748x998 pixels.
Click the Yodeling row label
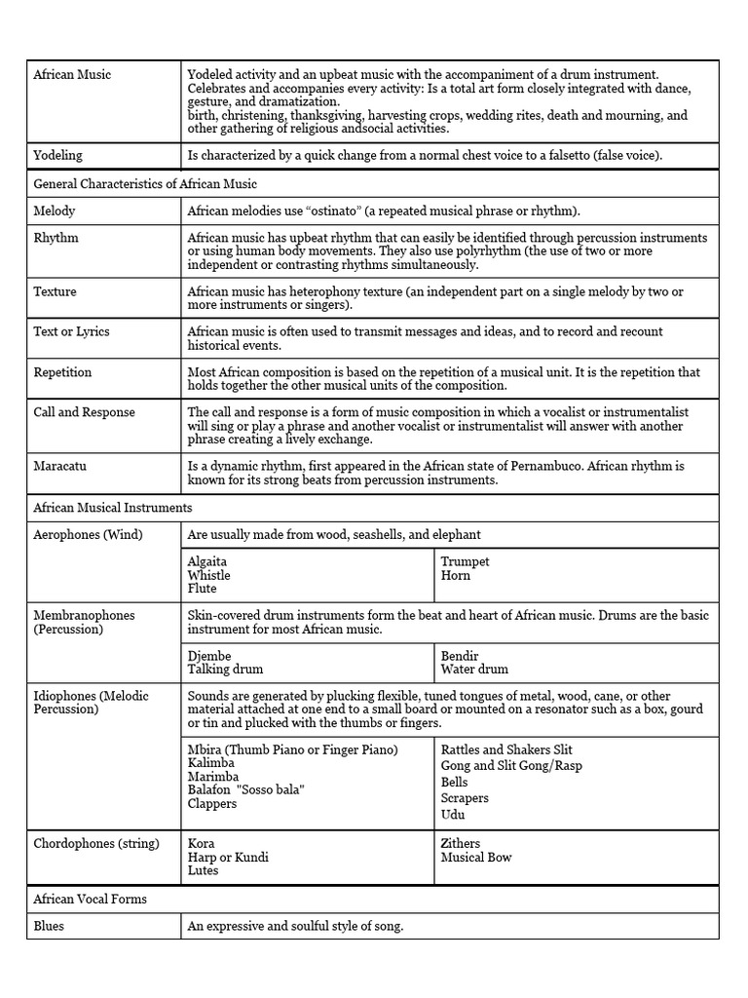(x=57, y=155)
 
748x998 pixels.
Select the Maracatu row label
(x=59, y=466)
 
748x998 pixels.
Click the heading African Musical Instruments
(x=112, y=508)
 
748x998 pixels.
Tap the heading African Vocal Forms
(x=90, y=899)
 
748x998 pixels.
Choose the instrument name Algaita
(x=208, y=561)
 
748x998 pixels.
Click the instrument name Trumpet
(x=465, y=561)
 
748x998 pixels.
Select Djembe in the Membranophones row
(x=209, y=656)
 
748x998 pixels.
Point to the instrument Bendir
(x=460, y=656)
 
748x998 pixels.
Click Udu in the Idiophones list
(x=452, y=814)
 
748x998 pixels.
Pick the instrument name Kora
(x=202, y=843)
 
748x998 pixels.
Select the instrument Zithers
(x=461, y=843)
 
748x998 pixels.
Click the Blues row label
(x=49, y=926)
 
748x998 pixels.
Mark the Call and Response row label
(x=84, y=412)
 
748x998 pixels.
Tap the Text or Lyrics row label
(x=71, y=331)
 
